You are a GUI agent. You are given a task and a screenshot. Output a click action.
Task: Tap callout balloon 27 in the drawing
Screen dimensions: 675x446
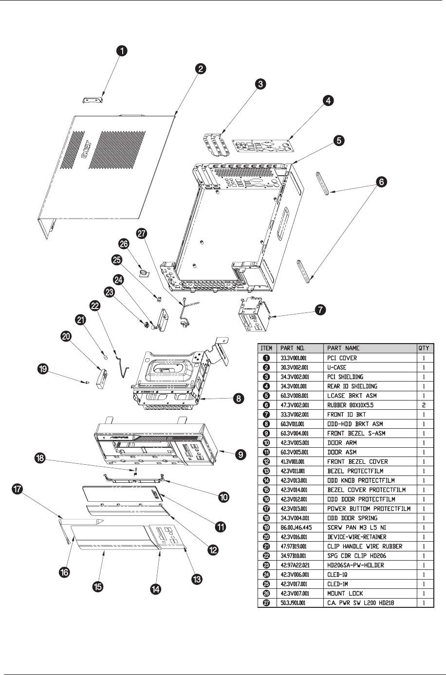[141, 234]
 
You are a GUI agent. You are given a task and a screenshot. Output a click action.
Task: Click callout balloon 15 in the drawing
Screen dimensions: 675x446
[98, 586]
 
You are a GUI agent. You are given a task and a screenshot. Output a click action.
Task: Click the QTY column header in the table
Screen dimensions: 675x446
[425, 348]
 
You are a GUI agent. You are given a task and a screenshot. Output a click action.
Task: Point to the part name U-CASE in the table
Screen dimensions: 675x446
[338, 367]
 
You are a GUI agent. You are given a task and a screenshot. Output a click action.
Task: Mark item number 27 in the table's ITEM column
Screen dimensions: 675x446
[266, 603]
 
